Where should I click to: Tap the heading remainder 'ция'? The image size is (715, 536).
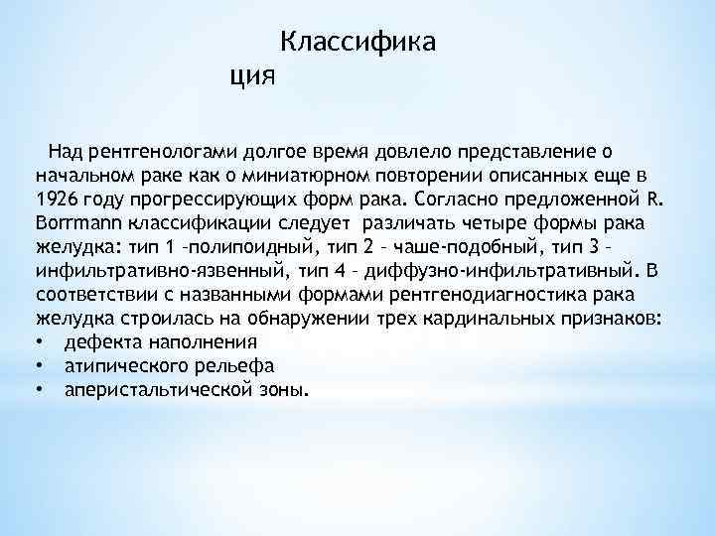250,73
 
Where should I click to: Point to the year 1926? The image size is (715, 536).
57,196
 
